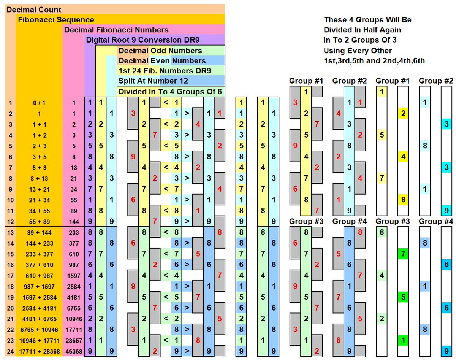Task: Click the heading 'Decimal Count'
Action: point(34,10)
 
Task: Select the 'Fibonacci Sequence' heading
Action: point(56,20)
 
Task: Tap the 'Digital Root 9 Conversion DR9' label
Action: point(142,40)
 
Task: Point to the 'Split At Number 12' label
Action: point(153,81)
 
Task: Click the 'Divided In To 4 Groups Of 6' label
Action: point(170,92)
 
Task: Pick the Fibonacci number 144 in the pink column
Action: point(74,222)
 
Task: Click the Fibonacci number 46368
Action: point(74,352)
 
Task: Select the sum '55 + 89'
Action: point(40,222)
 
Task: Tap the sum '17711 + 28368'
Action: point(40,352)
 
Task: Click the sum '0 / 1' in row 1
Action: point(39,103)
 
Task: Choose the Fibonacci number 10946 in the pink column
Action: point(74,319)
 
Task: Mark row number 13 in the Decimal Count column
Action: point(10,233)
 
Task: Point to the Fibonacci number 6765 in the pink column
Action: point(74,308)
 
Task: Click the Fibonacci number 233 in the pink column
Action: point(74,233)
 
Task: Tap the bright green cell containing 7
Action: point(403,254)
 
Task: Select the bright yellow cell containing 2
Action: point(403,113)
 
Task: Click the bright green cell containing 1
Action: point(403,340)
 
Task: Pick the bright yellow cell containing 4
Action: point(403,157)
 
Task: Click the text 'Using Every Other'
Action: point(358,51)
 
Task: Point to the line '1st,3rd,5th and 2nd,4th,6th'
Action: point(374,61)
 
